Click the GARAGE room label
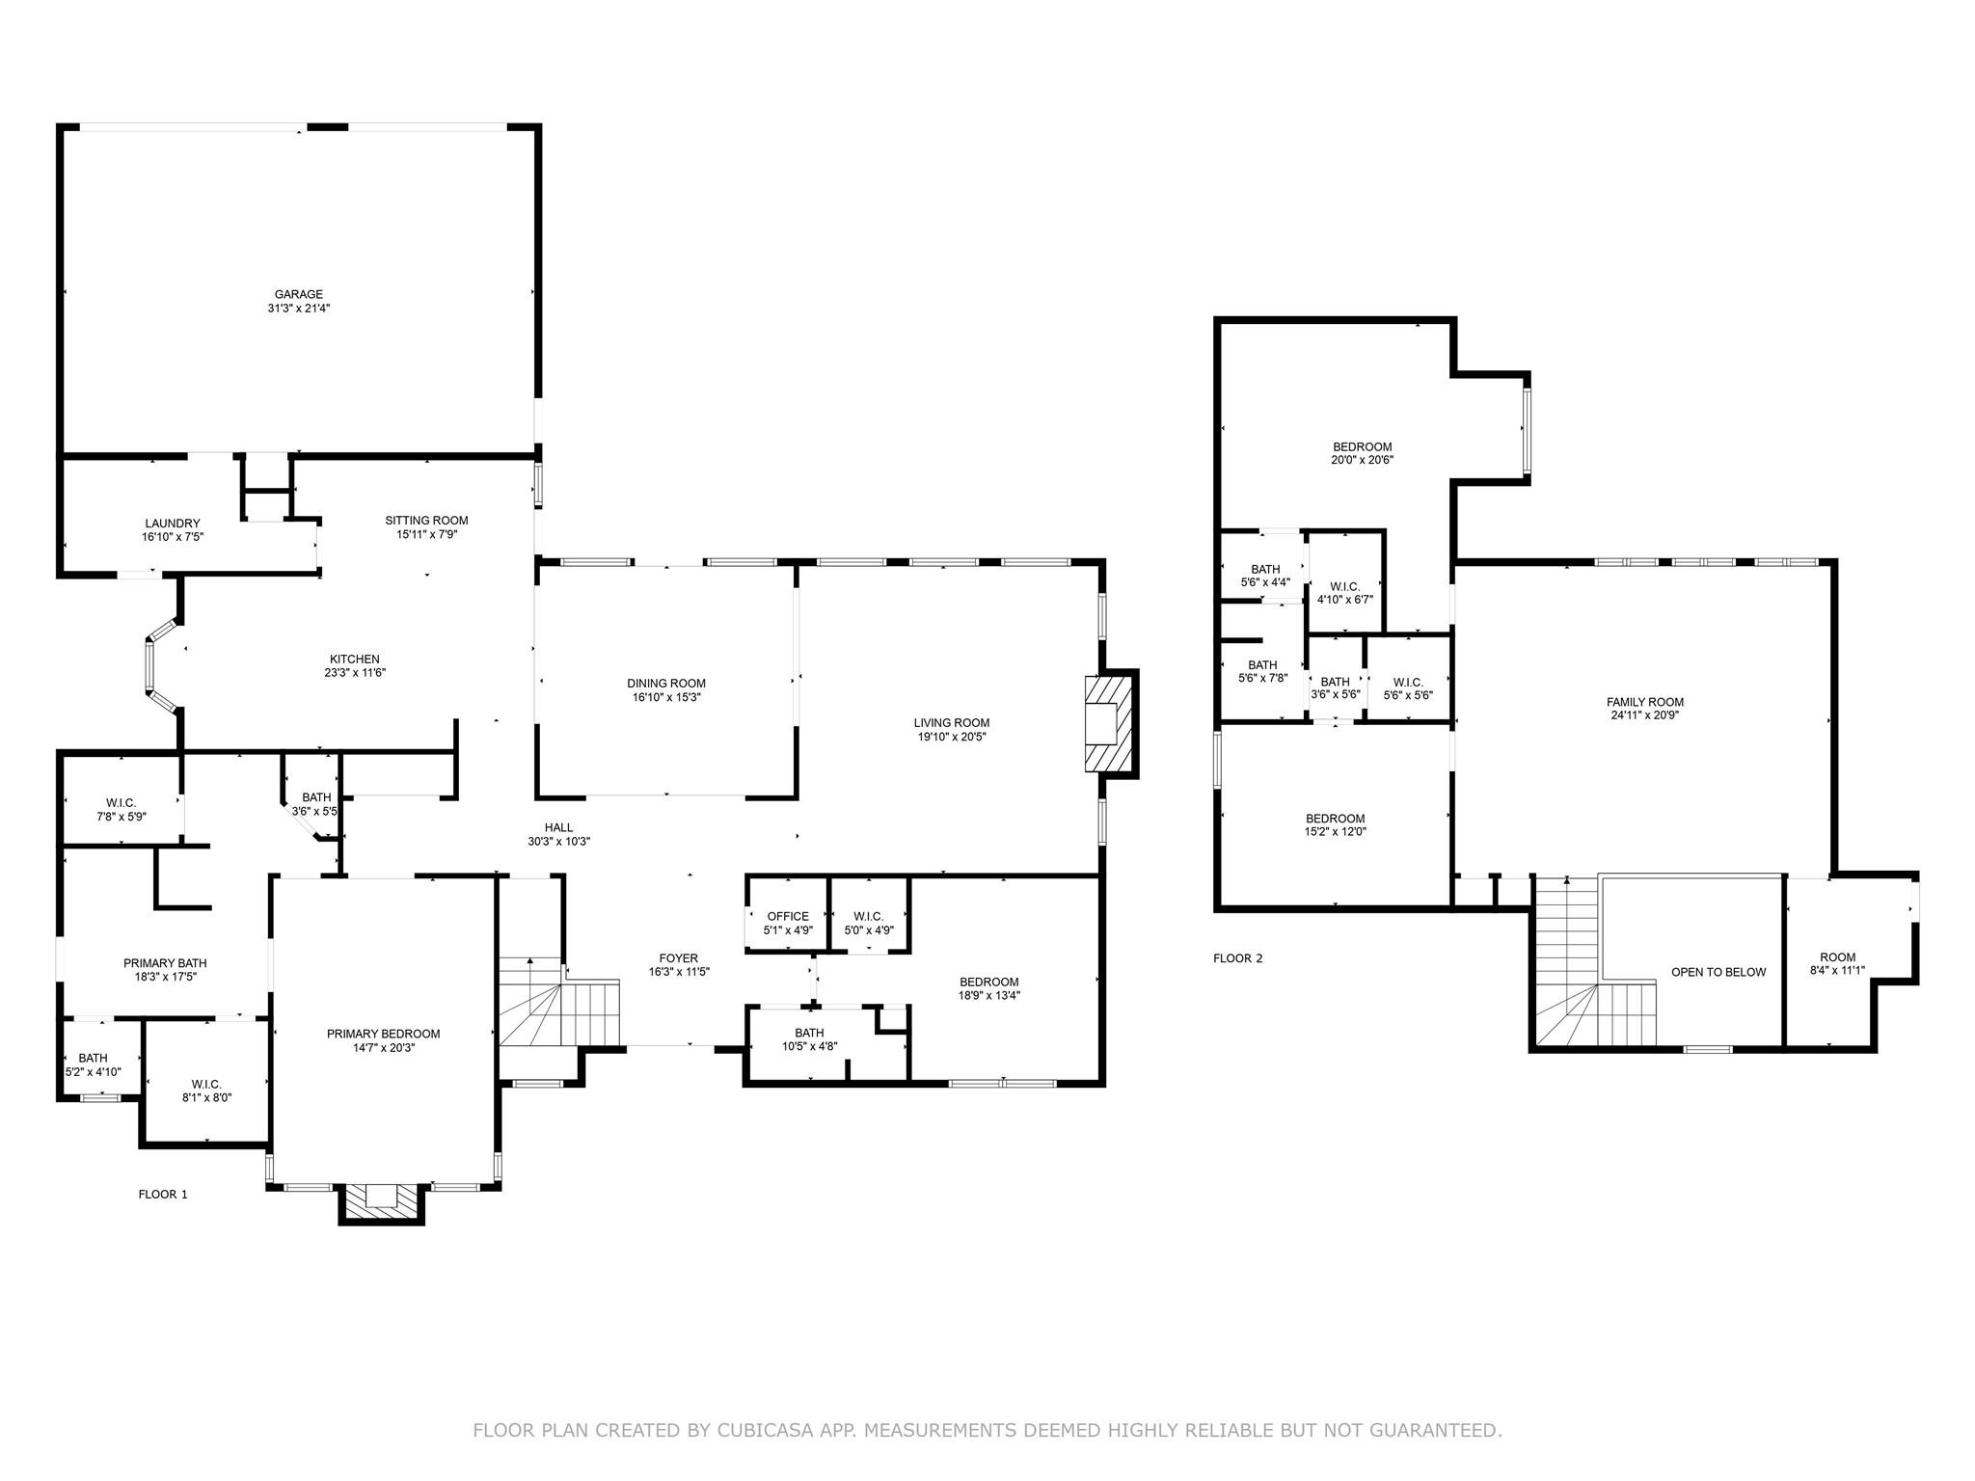coord(298,295)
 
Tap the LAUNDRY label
coord(173,524)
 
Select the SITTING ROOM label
coord(426,521)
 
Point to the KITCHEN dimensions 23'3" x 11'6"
coord(355,673)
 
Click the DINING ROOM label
coord(666,684)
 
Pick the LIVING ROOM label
coord(952,723)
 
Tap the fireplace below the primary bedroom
coord(382,1199)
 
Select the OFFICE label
coord(788,917)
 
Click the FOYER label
coord(679,958)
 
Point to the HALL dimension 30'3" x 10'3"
coord(558,841)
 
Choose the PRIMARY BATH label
coord(165,963)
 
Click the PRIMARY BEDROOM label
coord(383,1034)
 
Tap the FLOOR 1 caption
coord(163,1194)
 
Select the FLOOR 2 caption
coord(1237,958)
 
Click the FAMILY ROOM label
coord(1645,702)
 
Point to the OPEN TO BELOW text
coord(1718,972)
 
